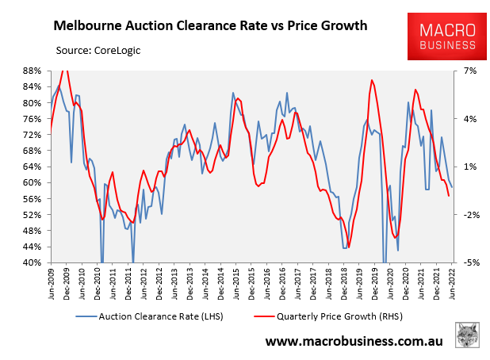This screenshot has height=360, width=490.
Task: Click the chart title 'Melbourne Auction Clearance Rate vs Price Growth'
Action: pos(209,25)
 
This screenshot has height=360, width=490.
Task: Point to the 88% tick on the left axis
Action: pos(31,71)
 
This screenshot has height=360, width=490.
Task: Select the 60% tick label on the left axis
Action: pos(31,182)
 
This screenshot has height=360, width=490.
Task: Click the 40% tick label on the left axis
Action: pos(31,262)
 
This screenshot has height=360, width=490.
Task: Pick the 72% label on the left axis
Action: pos(31,135)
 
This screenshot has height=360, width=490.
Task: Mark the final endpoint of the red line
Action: pos(449,196)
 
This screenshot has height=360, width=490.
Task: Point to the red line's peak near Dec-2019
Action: pos(372,80)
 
